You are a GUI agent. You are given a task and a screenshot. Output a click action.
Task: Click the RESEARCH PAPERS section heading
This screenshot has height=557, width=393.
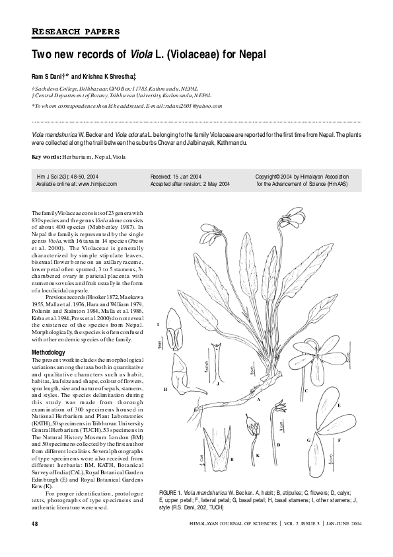75,31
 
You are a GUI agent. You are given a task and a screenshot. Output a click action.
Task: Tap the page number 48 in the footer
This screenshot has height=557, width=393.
35,523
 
